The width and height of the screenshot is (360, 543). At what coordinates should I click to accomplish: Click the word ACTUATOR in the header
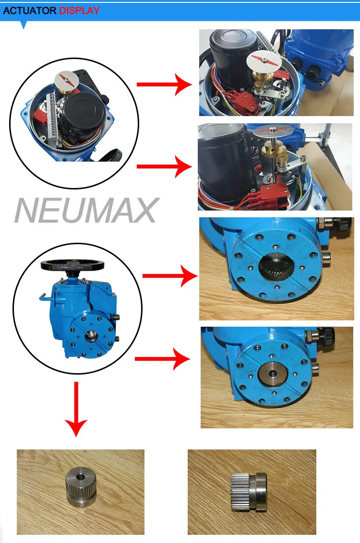(30, 10)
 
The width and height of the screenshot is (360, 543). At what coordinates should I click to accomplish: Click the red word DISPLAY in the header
(80, 10)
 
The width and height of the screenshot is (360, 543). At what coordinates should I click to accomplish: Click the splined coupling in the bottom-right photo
(249, 491)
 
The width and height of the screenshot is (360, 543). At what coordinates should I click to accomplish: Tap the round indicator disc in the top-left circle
(67, 79)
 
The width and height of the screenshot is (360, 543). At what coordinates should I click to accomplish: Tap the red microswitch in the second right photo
(262, 196)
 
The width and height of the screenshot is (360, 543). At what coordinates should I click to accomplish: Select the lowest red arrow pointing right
(163, 359)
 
